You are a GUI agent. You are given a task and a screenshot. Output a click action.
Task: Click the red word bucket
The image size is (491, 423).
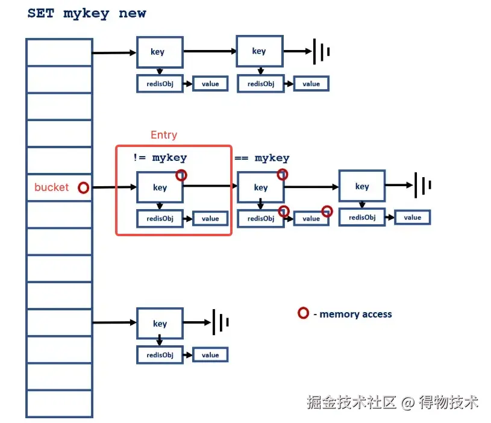point(51,187)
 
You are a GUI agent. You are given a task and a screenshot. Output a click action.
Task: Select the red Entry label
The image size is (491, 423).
point(164,135)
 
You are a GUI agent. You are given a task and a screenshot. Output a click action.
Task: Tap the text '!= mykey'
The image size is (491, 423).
point(160,157)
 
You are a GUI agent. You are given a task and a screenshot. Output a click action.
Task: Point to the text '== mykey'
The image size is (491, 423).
point(262,158)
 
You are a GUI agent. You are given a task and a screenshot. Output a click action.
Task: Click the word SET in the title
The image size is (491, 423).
point(41,13)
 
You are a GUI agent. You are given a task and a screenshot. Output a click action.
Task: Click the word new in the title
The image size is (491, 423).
point(132,13)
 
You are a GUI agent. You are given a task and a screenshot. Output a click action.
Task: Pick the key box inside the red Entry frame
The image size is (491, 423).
point(160,187)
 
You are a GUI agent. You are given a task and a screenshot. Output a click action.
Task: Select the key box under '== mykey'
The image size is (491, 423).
point(260,187)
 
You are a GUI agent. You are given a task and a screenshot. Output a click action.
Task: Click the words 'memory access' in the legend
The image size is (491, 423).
point(355,314)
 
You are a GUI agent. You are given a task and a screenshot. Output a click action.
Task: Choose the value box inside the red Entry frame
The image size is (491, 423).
point(210,219)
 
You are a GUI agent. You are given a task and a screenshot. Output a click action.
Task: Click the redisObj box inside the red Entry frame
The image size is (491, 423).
point(160,219)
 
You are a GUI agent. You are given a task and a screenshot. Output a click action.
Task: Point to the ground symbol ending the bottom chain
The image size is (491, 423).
point(220,322)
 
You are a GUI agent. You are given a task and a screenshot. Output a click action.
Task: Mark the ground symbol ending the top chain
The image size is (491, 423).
point(322,52)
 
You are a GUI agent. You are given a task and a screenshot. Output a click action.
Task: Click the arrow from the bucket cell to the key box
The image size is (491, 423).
point(114,187)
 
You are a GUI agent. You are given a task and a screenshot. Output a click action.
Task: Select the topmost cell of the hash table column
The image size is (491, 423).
point(60,52)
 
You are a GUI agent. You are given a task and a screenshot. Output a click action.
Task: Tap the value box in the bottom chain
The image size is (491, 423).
point(210,355)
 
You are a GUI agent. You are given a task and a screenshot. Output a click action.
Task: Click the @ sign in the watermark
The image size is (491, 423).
point(408,403)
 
